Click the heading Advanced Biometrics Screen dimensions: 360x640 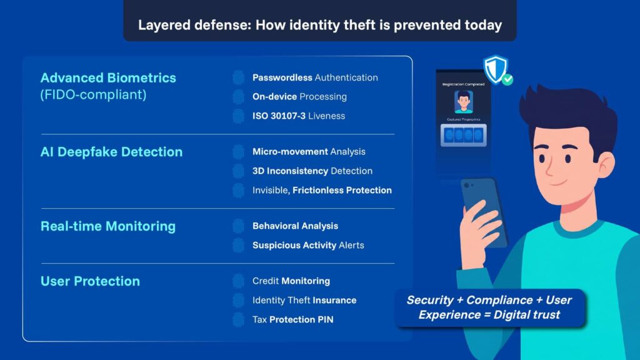point(108,78)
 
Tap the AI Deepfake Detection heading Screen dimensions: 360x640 point(111,152)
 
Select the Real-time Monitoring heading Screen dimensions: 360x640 point(108,226)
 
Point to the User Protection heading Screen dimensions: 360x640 point(90,281)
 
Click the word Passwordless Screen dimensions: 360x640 point(282,77)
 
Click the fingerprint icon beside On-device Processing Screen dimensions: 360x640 point(238,97)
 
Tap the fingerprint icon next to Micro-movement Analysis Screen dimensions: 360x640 point(238,152)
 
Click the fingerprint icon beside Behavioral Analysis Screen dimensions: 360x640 point(238,226)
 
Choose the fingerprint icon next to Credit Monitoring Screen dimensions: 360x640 point(238,281)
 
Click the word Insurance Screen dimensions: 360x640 point(336,301)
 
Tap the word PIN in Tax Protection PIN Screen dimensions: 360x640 point(325,319)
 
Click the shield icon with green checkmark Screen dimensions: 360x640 point(497,70)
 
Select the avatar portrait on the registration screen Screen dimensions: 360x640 point(463,102)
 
